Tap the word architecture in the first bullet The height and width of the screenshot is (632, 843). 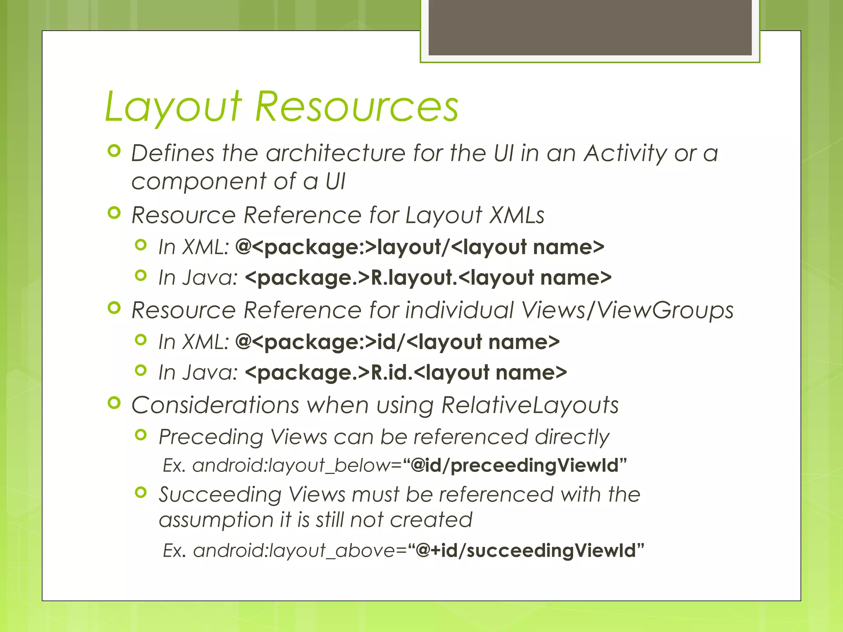pos(335,153)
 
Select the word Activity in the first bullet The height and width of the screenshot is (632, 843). pos(625,153)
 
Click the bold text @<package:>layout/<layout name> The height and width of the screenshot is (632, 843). pos(419,247)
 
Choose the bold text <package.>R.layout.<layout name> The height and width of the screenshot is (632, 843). pos(428,277)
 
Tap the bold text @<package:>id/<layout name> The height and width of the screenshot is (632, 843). pos(397,342)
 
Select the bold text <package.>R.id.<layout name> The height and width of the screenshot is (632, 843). pos(405,372)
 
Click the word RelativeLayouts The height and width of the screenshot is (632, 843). pos(530,405)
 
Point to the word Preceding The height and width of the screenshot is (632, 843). pos(211,437)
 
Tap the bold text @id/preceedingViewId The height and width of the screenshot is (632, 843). pos(515,466)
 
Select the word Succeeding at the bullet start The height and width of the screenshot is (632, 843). pos(220,495)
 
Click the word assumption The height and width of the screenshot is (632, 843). pos(215,520)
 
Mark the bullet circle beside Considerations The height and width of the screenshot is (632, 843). pos(114,403)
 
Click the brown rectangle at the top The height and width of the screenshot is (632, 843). pos(590,27)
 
